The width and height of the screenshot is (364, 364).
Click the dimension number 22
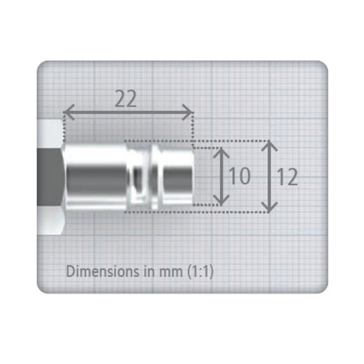coord(125,99)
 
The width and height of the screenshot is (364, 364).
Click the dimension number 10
coord(240,175)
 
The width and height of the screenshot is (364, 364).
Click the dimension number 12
coord(287,176)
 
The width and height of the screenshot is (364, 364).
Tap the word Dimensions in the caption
coord(102,271)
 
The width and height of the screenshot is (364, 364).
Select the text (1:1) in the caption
coord(200,271)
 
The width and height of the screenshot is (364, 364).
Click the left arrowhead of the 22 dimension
coord(69,113)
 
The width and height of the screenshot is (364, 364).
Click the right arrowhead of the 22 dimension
coord(188,113)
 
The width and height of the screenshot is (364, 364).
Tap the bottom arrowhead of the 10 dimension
coord(221,200)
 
